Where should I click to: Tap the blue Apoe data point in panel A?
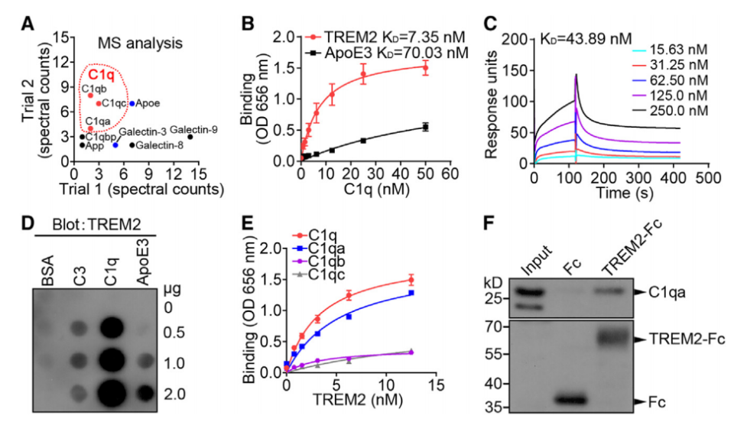coord(132,103)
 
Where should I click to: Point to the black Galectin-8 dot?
coord(132,144)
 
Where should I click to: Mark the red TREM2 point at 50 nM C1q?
coord(425,68)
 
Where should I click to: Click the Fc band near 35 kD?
coord(574,400)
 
